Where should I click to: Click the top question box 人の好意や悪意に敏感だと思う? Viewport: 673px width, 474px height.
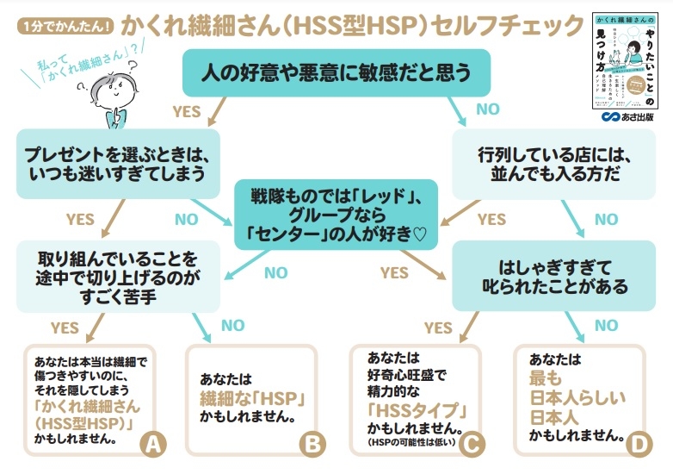336,73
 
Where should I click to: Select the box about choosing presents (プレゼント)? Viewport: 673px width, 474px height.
118,164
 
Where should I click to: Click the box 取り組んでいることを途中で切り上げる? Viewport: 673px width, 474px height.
118,274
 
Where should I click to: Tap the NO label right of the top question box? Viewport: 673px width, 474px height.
487,109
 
